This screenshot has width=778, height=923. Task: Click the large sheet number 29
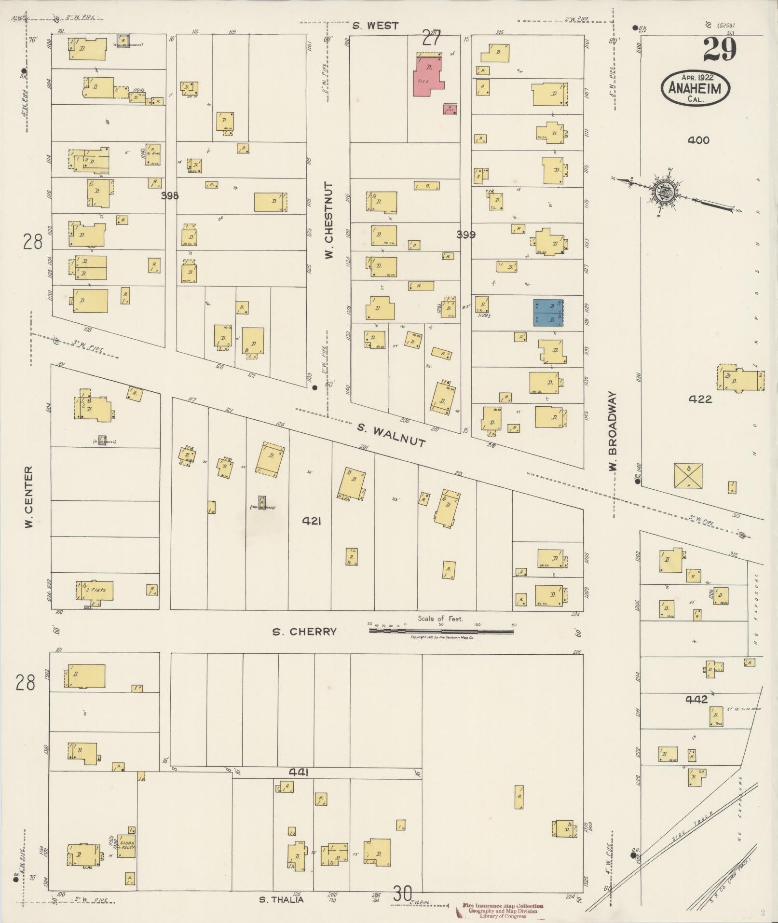point(719,50)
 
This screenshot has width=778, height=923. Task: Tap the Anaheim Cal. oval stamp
point(695,88)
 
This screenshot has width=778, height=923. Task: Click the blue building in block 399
point(548,312)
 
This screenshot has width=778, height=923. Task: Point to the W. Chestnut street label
point(329,220)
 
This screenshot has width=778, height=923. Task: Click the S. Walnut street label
point(392,435)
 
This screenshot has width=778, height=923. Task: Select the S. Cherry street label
point(304,632)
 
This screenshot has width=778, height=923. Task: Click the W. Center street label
point(29,496)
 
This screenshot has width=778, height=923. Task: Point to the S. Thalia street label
point(282,899)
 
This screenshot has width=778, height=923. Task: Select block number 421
point(311,521)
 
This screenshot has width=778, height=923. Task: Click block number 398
point(170,195)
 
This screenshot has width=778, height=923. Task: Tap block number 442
point(696,699)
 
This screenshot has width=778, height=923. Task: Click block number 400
point(698,140)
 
